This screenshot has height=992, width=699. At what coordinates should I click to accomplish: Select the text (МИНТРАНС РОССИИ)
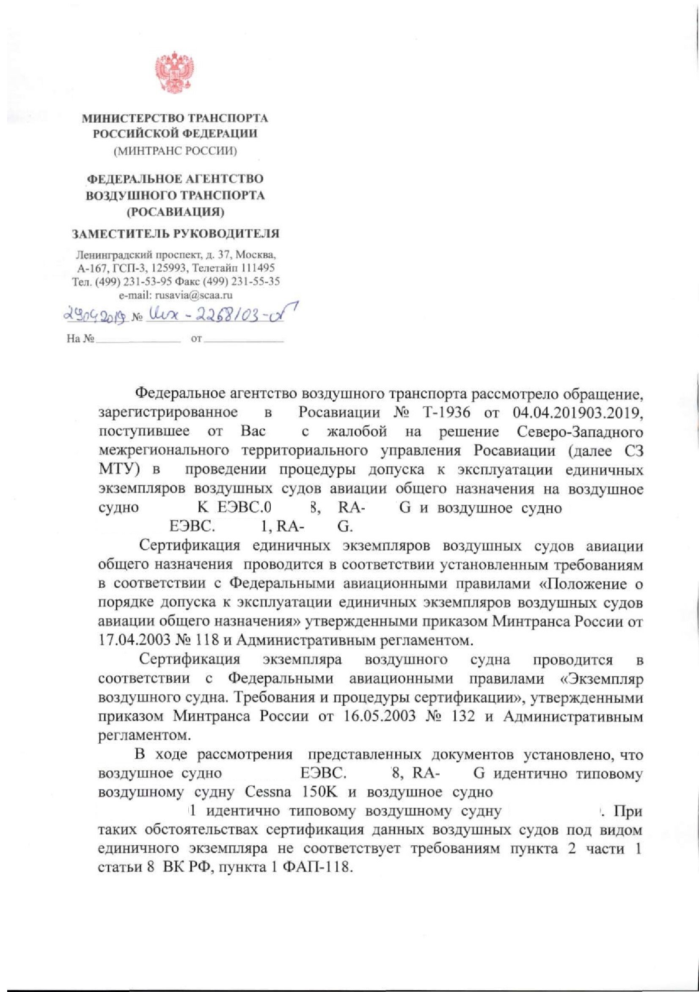click(175, 151)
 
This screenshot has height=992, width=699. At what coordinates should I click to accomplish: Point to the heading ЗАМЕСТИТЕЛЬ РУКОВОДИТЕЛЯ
click(175, 234)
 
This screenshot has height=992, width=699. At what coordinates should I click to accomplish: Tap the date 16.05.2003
click(381, 716)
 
